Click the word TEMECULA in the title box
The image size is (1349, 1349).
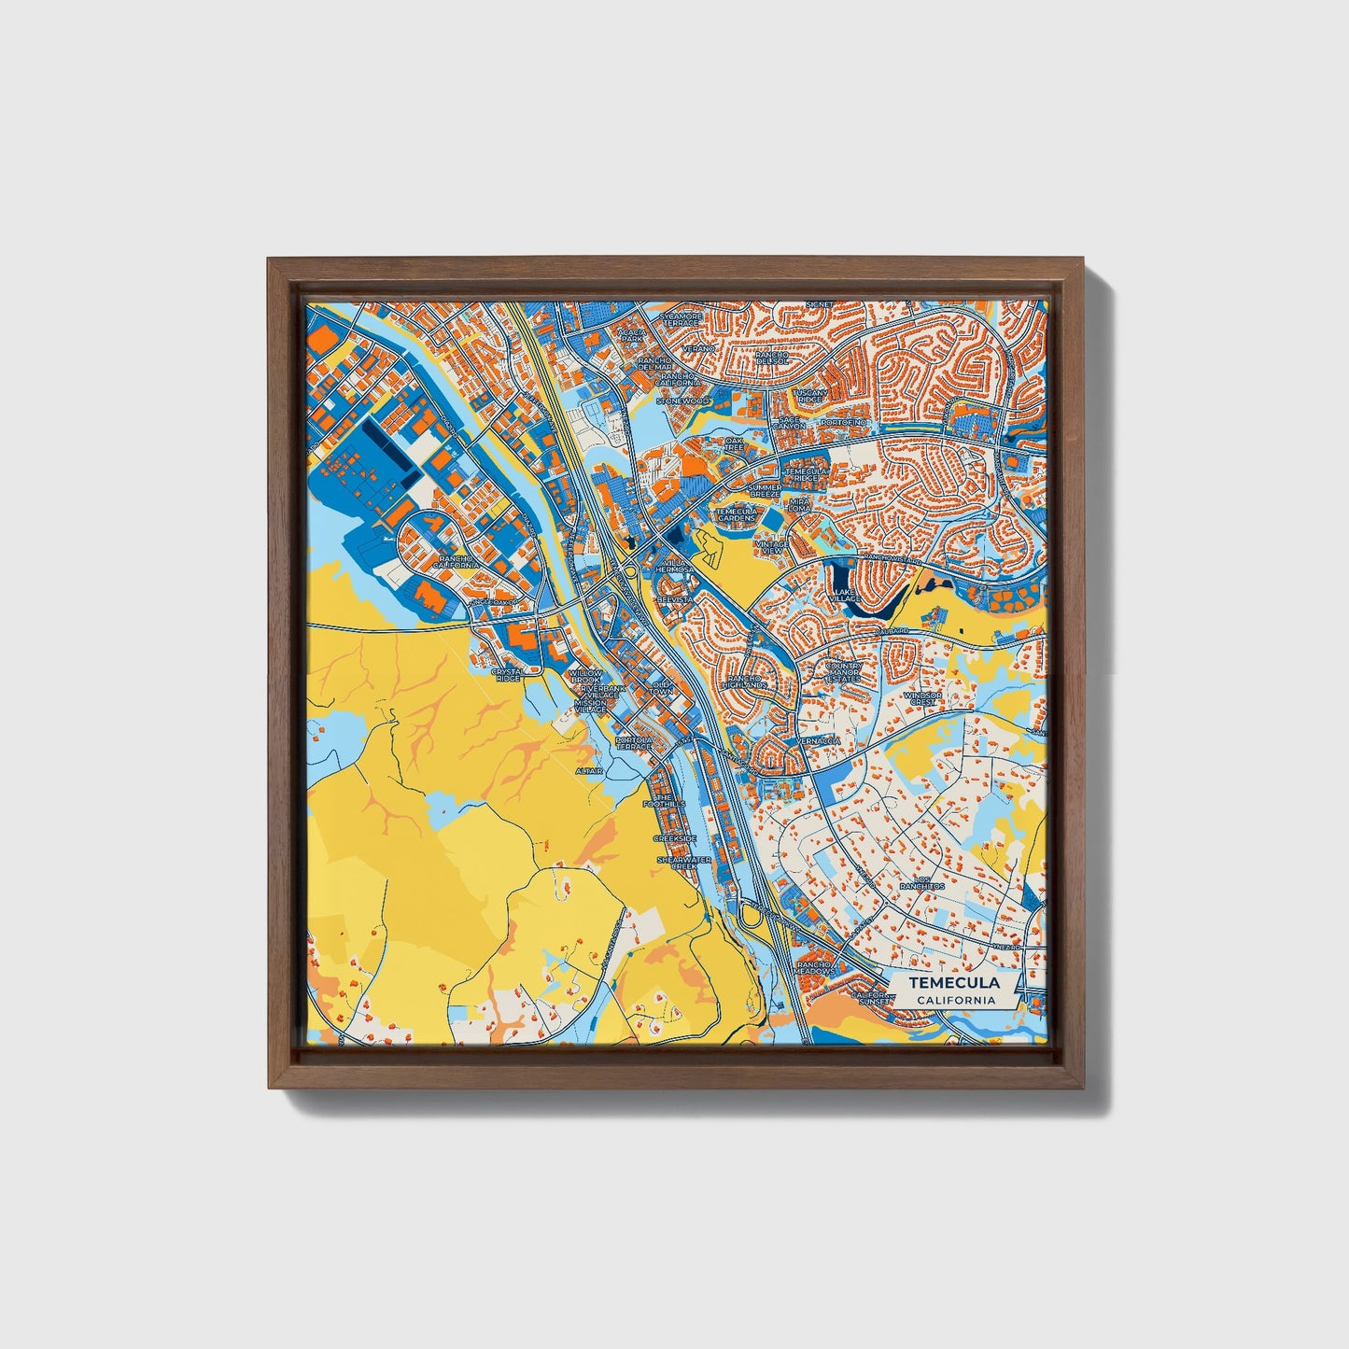coord(955,983)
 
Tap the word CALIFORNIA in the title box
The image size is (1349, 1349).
coord(955,1000)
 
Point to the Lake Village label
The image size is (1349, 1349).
coord(844,596)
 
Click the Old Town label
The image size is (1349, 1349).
coord(661,687)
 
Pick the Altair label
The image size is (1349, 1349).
coord(589,771)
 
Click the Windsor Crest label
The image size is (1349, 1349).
coord(922,698)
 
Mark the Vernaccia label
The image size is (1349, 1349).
coord(818,740)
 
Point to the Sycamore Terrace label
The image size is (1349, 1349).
coord(679,319)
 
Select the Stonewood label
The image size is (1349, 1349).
coord(682,400)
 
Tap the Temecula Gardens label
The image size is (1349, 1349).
coord(737,514)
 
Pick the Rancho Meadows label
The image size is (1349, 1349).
coord(815,967)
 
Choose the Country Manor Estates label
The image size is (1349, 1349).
coord(845,672)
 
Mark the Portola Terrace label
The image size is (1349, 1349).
coord(634,743)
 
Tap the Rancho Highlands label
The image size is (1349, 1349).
coord(748,682)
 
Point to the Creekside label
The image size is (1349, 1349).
coord(674,839)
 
